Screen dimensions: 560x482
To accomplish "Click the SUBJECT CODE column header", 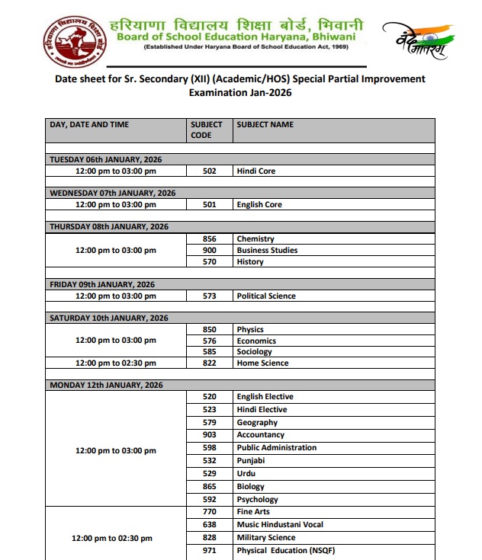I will point(206,130).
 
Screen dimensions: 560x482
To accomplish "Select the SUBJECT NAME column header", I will point(265,124).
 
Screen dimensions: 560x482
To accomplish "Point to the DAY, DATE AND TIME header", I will point(89,124).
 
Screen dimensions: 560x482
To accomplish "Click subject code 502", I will point(209,171).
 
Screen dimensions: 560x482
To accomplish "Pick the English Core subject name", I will point(259,205).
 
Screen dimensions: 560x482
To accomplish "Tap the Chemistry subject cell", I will point(255,239).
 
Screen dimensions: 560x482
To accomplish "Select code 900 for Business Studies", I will point(209,251).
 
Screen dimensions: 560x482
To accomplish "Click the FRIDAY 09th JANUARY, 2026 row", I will point(102,284).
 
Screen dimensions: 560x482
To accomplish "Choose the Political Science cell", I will point(266,296).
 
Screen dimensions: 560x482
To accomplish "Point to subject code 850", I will point(209,330).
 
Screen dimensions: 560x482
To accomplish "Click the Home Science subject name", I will point(262,363).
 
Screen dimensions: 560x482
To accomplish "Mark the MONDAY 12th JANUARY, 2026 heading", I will point(108,386).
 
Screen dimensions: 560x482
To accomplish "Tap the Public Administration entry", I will point(276,448).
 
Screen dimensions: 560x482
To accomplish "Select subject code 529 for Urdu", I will point(209,474).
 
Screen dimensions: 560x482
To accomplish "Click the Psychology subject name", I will point(257,500).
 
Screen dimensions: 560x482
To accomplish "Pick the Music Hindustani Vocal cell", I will point(280,525).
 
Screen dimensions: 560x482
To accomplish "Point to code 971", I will point(209,550).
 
